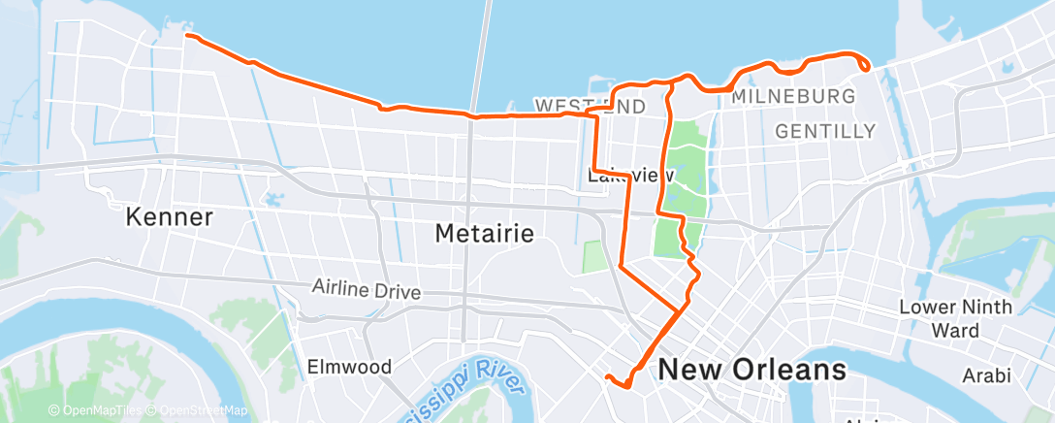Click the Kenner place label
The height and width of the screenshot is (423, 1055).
[170, 216]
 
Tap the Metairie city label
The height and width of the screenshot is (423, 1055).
[485, 233]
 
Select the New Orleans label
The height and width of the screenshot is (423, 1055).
[751, 370]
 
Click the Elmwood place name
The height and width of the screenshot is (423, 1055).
[349, 367]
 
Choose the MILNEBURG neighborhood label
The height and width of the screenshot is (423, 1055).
[793, 97]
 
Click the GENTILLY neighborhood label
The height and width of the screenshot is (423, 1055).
[825, 131]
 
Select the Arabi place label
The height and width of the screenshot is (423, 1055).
[986, 374]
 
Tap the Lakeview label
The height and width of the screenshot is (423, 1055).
[630, 175]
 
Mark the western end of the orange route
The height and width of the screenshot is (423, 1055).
[186, 36]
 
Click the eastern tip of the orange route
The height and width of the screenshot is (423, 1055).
[866, 67]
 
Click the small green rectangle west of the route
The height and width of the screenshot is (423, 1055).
[592, 256]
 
